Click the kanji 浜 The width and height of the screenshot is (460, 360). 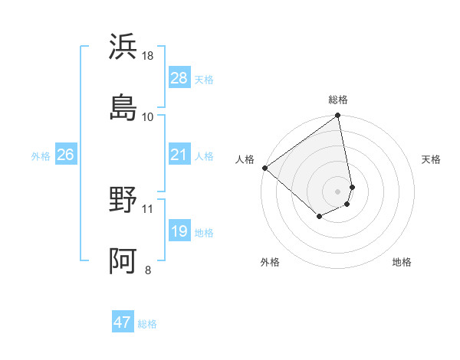tap(123, 46)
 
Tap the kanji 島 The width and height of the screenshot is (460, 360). tap(123, 107)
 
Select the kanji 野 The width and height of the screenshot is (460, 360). tap(123, 201)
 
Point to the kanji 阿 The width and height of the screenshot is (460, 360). tap(123, 260)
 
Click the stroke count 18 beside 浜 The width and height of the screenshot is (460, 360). tap(149, 56)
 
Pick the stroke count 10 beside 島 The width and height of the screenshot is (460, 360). tap(148, 116)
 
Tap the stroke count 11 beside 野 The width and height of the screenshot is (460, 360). tap(148, 208)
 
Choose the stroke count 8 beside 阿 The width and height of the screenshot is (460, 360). tap(148, 269)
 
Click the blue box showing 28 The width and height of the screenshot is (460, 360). tap(179, 78)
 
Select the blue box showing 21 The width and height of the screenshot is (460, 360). tap(179, 155)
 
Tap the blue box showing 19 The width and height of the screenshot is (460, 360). tap(179, 231)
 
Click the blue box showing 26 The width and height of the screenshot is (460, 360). tap(65, 155)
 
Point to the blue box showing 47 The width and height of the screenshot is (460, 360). tap(123, 322)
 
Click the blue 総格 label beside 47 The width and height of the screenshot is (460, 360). tap(147, 324)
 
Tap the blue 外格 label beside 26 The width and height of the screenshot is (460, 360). tap(41, 156)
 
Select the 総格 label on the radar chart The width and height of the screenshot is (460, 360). tap(338, 100)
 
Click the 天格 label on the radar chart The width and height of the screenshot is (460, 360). tap(431, 159)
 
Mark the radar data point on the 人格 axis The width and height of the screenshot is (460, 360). tap(264, 168)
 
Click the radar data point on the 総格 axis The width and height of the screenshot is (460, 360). tap(338, 116)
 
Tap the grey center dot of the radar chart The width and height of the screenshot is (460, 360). tap(338, 191)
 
